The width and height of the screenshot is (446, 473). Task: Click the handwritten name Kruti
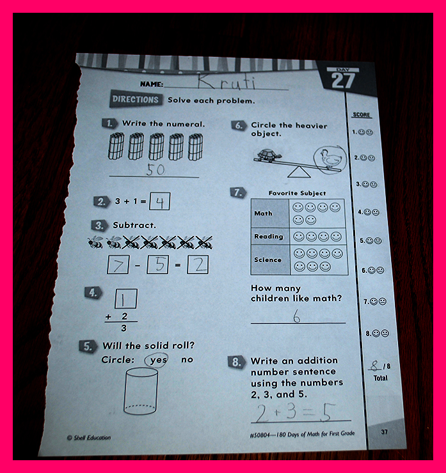point(227,82)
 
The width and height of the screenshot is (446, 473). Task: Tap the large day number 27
point(343,81)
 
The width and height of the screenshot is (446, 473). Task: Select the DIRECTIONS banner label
point(136,99)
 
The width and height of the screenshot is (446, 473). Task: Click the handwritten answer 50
point(155,169)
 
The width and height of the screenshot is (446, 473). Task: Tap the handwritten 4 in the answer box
point(160,202)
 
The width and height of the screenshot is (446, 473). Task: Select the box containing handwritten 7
point(118,265)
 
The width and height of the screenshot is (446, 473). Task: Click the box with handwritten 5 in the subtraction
point(157,265)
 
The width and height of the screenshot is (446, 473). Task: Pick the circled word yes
point(157,360)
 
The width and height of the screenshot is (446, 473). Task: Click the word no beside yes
point(187,359)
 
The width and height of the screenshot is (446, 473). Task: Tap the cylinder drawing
point(141,391)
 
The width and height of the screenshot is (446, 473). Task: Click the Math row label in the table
point(263,213)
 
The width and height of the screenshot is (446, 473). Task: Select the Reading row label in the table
point(269,236)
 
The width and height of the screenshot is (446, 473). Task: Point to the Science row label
point(268,260)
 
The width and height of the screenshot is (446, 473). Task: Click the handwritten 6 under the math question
point(297,317)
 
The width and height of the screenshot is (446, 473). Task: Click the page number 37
point(384,431)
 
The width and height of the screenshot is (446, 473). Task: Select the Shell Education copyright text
point(89,437)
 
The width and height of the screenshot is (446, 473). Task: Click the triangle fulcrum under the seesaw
point(299,172)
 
